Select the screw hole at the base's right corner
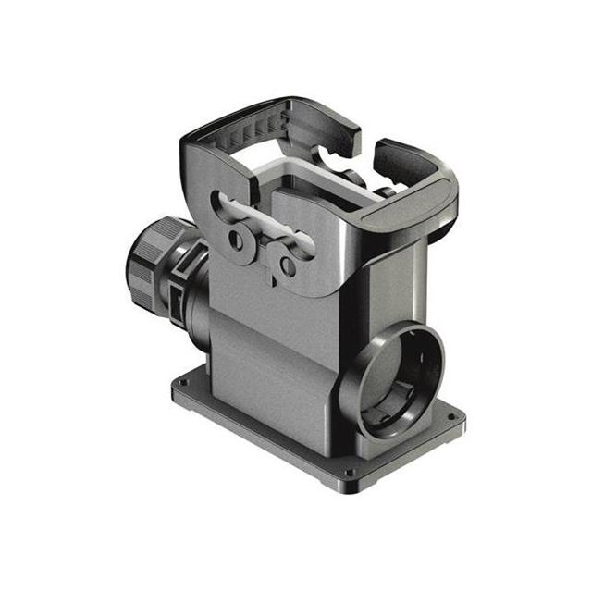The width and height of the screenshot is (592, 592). pos(450,417)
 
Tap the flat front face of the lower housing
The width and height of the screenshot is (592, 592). pos(268,370)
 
